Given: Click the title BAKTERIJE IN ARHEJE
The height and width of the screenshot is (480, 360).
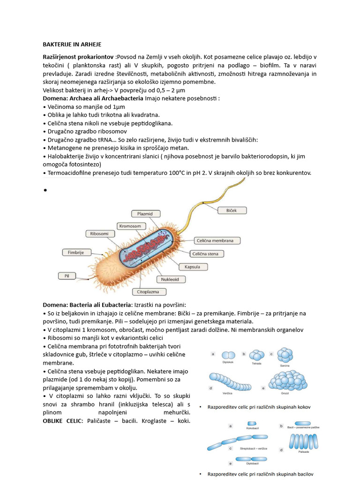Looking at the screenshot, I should [x=72, y=45].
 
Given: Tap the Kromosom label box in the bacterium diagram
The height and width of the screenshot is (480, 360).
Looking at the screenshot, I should [x=129, y=226].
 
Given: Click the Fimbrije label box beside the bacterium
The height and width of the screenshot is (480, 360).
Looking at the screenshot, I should [x=75, y=252].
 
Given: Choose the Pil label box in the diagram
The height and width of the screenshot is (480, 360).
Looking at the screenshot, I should [x=67, y=276].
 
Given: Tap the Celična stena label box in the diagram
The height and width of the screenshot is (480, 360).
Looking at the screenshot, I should [x=207, y=254].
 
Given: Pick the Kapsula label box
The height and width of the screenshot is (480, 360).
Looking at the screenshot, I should [x=192, y=267].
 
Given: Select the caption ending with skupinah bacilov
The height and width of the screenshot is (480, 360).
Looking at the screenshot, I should [x=260, y=474].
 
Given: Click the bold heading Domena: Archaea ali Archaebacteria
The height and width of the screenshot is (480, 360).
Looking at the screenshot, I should [x=93, y=98].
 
